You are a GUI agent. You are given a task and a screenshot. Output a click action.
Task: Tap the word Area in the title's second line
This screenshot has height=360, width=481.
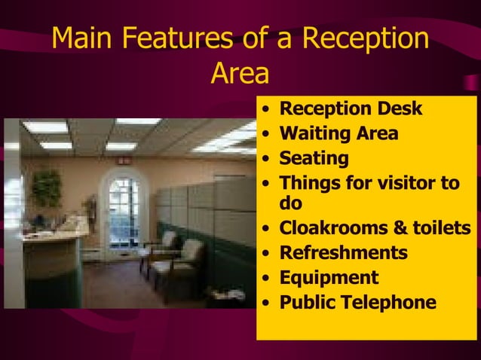click(239, 74)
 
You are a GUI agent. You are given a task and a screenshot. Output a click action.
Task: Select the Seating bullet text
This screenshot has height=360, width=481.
click(314, 159)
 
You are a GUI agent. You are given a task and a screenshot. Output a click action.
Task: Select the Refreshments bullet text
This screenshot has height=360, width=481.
click(344, 252)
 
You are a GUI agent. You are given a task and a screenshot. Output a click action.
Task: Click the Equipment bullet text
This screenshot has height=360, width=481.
click(329, 278)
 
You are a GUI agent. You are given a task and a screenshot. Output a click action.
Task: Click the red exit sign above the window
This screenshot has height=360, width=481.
click(124, 160)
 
